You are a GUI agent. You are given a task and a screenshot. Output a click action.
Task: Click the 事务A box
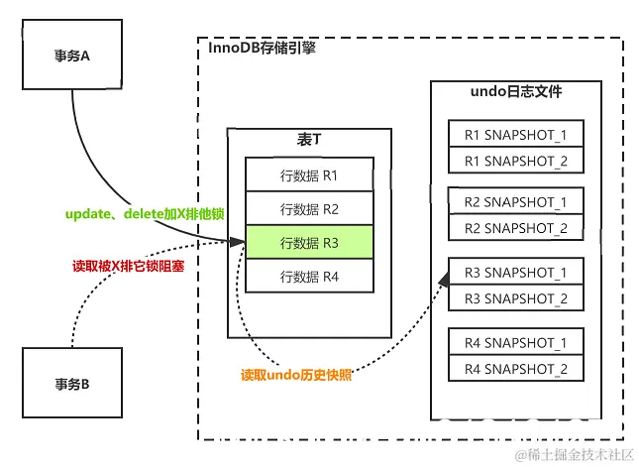coord(71,57)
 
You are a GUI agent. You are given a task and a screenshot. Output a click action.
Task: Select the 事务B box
coord(71,382)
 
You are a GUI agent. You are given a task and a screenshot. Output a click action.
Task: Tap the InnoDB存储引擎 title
coord(263,48)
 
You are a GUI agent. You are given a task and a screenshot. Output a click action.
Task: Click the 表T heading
coord(309,140)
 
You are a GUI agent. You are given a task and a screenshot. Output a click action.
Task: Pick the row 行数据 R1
coord(309,175)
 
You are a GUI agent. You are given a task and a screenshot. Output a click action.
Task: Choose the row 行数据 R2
coord(309,209)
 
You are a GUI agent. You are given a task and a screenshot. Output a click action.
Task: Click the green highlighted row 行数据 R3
coord(309,243)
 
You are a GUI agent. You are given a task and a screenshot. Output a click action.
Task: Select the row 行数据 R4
coord(309,277)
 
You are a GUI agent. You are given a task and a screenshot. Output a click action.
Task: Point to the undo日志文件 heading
coord(516,92)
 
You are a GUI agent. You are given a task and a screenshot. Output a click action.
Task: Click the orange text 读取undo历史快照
coord(296,376)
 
